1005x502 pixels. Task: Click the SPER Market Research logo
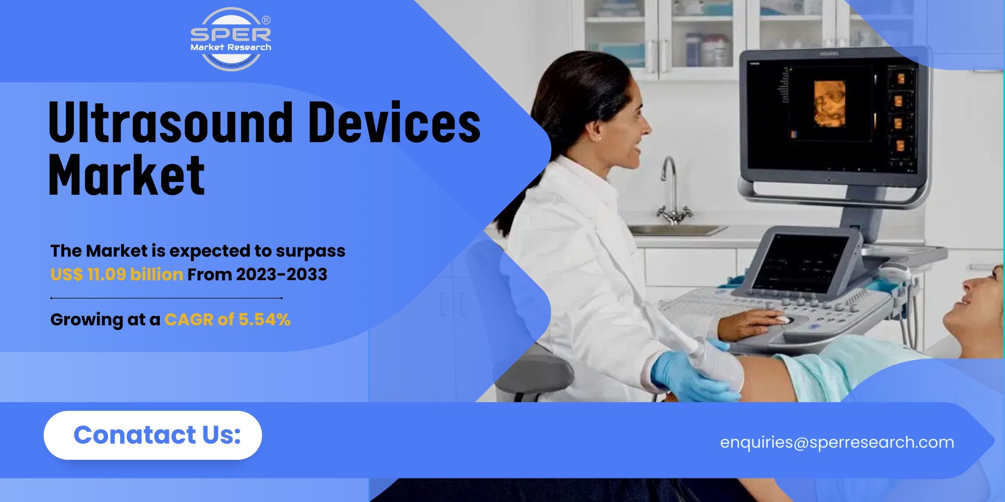point(231,39)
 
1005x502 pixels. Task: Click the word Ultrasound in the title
point(170,122)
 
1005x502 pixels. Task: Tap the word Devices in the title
point(394,122)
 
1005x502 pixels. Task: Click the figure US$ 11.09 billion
point(117,275)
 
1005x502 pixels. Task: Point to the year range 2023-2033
point(281,275)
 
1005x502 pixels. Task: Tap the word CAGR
point(189,320)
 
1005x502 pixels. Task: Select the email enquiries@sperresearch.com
point(837,442)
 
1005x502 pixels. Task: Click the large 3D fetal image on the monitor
point(829,103)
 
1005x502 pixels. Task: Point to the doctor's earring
point(599,137)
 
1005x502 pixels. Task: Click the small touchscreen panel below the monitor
point(801,264)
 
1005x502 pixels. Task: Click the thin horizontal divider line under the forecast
point(166,298)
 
